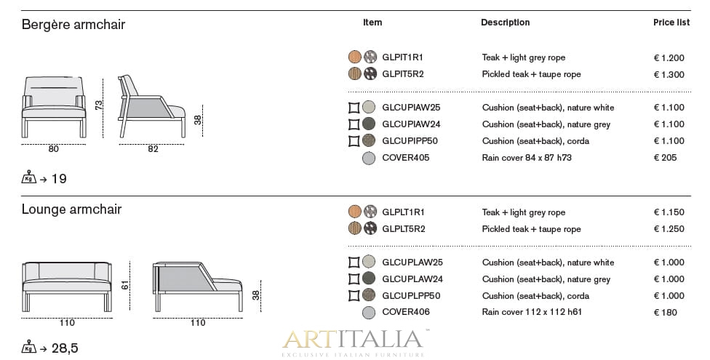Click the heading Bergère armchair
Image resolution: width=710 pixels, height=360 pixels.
click(x=73, y=25)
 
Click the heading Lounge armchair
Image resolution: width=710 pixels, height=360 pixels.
click(x=71, y=209)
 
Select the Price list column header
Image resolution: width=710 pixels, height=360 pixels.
click(x=671, y=23)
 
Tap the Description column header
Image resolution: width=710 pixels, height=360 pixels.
click(x=505, y=23)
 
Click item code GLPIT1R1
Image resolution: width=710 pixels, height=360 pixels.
click(x=402, y=57)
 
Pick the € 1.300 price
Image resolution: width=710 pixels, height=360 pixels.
click(x=669, y=74)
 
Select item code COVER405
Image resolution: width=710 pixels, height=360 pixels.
click(x=405, y=158)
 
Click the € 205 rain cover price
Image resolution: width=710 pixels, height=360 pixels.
click(x=665, y=158)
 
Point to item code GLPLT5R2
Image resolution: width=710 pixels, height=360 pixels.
click(x=403, y=229)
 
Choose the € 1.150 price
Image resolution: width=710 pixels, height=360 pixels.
click(x=669, y=212)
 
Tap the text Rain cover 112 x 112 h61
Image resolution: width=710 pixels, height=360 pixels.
click(x=532, y=313)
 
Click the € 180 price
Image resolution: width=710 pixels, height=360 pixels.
click(x=665, y=313)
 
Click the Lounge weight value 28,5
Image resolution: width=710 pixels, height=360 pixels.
click(x=64, y=348)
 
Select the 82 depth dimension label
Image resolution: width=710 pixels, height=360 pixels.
click(x=153, y=149)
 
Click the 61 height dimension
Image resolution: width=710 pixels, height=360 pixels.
click(x=125, y=286)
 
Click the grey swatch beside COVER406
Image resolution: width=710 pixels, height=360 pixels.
click(x=369, y=313)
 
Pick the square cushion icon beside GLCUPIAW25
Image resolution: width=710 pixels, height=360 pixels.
click(x=354, y=108)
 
